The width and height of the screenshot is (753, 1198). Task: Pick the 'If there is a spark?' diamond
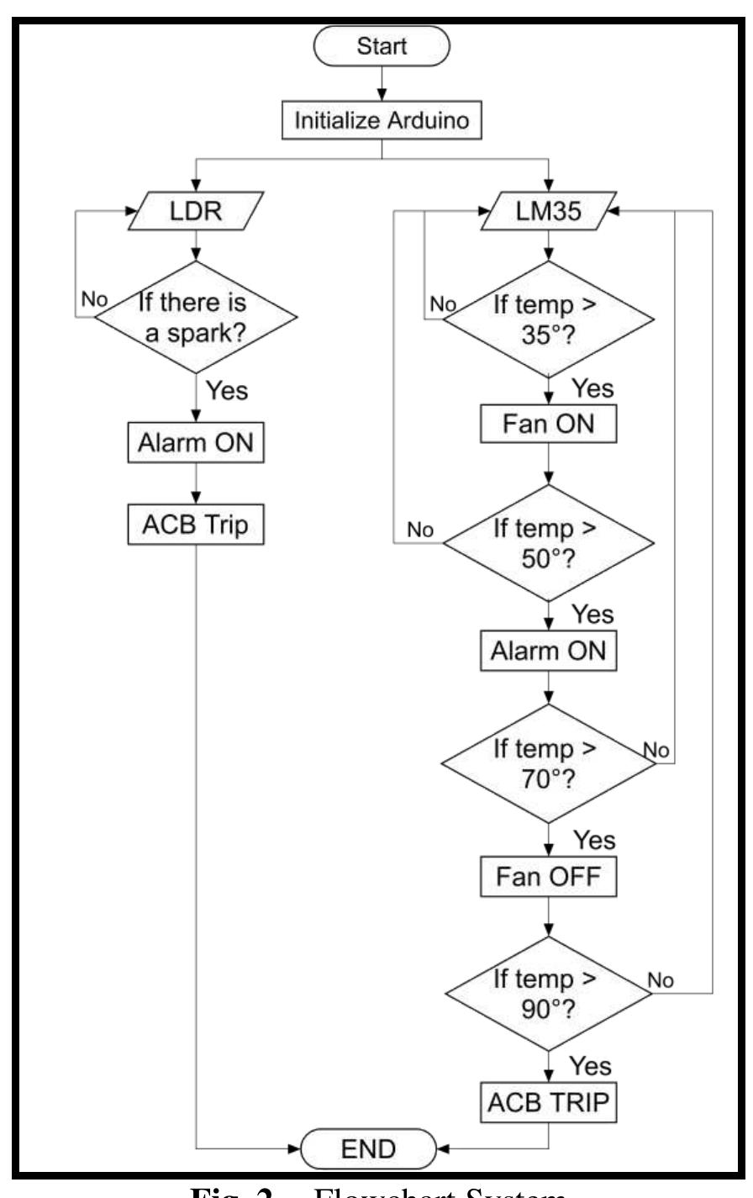[x=195, y=318]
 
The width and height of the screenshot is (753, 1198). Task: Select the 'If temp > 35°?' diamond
[x=549, y=318]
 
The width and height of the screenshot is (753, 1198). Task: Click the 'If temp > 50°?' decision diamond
[x=549, y=541]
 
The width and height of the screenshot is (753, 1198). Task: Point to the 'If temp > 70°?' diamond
[x=549, y=763]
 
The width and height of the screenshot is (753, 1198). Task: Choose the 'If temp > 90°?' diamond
[x=549, y=985]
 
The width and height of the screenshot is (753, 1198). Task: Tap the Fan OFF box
[x=549, y=879]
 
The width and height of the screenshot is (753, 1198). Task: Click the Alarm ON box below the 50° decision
[x=549, y=651]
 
